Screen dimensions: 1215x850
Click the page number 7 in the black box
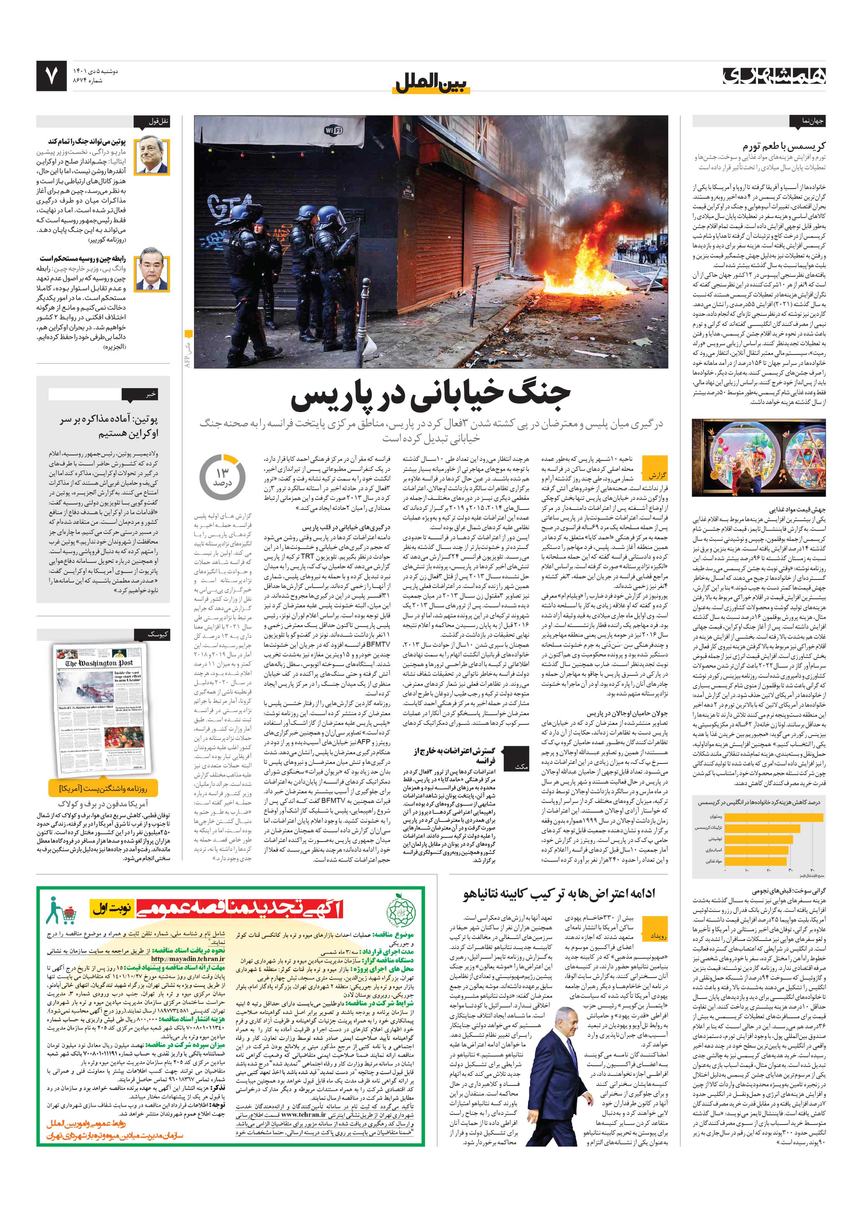51,76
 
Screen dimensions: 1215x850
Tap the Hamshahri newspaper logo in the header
775,76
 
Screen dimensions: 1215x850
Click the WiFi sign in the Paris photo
333,130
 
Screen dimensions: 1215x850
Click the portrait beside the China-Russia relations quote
152,273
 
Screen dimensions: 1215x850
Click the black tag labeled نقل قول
158,121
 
